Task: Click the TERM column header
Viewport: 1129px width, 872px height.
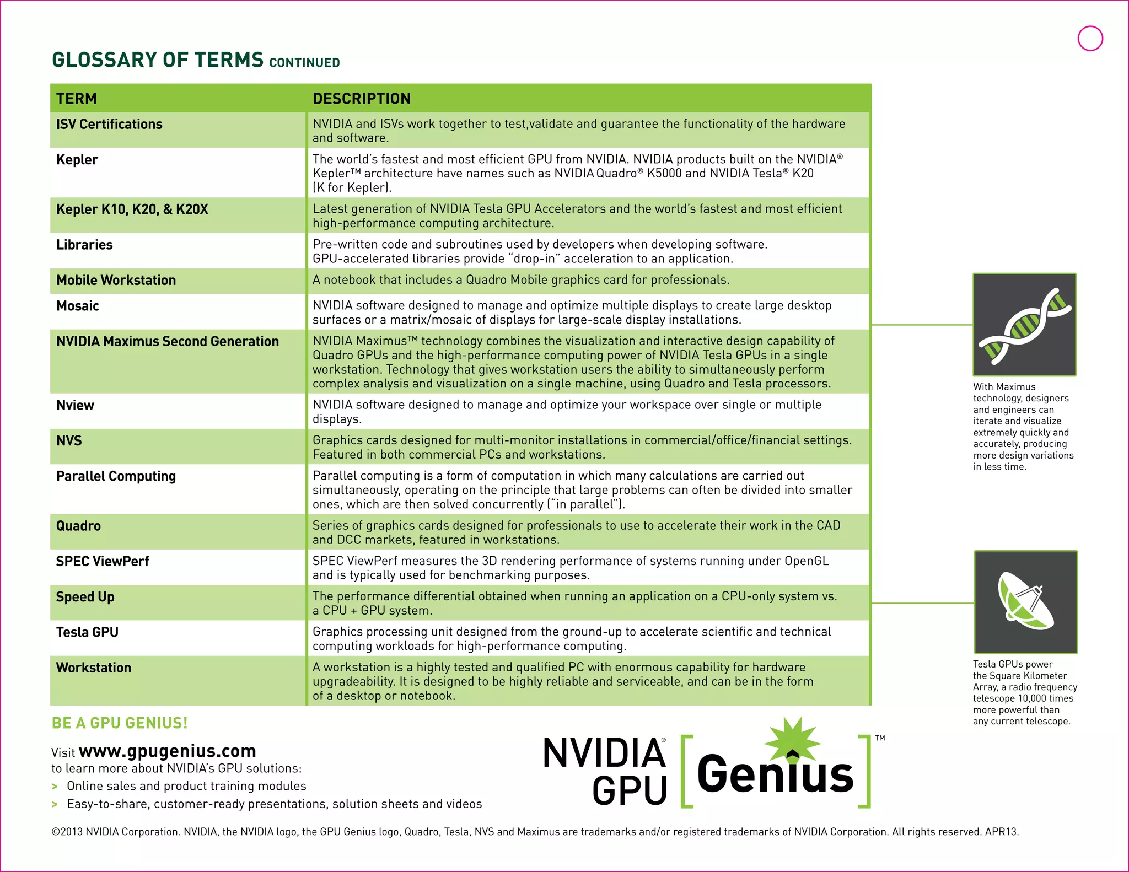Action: coord(77,99)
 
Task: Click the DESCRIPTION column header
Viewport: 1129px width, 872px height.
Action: coord(362,99)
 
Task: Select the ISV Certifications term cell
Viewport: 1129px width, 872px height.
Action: coord(109,125)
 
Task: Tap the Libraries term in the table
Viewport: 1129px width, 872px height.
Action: coord(84,245)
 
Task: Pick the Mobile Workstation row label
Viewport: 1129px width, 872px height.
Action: coord(116,281)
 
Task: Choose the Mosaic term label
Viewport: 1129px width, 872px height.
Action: coord(78,306)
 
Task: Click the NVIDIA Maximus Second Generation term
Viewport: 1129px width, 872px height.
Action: coord(168,342)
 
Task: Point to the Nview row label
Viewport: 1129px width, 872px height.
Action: coord(75,406)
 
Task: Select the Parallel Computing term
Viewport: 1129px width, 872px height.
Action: coord(116,476)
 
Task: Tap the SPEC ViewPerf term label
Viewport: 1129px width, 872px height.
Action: coord(103,562)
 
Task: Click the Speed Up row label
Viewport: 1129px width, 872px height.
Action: coord(85,597)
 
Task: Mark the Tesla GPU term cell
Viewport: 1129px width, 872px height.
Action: coord(87,632)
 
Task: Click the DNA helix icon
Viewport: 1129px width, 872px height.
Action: coord(1024,325)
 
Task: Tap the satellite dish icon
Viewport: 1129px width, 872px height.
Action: coord(1025,601)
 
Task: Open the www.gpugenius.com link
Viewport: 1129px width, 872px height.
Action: coord(167,751)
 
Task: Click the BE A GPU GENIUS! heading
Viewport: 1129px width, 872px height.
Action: coord(120,723)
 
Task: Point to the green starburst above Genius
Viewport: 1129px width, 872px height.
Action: coord(792,739)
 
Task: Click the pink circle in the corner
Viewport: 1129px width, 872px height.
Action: coord(1090,39)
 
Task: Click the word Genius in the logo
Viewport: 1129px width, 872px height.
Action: coord(775,774)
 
